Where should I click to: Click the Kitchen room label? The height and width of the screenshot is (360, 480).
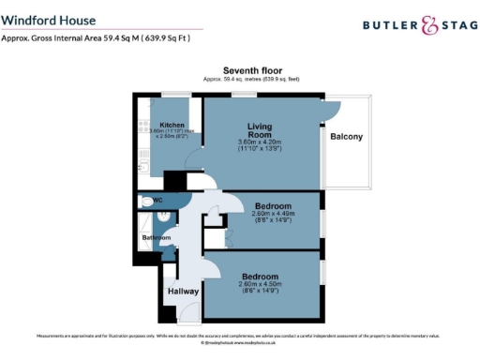[x=172, y=125]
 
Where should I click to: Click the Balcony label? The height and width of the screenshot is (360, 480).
[x=346, y=137]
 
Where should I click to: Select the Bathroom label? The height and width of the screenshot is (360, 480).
[x=156, y=238]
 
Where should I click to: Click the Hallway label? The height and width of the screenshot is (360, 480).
[x=184, y=292]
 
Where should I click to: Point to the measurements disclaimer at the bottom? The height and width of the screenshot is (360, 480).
[x=238, y=335]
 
